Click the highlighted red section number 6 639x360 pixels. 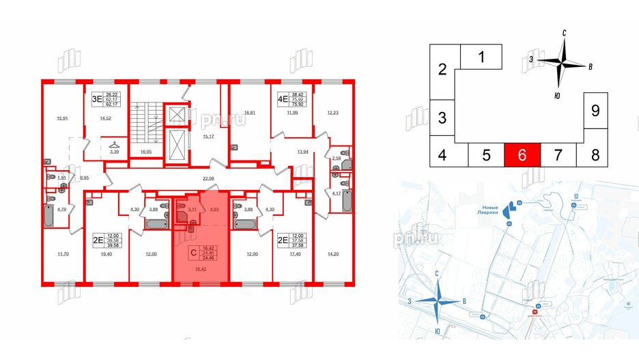coord(522,155)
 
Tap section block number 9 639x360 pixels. coord(595,110)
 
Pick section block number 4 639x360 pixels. coord(442,156)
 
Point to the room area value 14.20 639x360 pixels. coord(333,254)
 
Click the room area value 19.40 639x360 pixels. coord(106,254)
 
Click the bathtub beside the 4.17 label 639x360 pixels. coord(346,203)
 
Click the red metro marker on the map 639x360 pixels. coord(535,315)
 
